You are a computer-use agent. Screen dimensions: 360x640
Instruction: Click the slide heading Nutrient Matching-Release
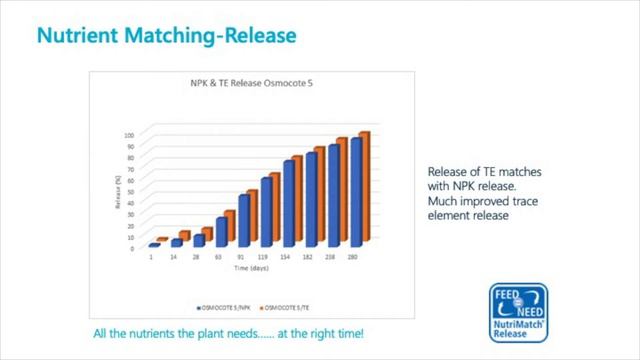(x=167, y=36)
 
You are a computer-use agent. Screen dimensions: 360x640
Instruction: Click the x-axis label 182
(x=310, y=258)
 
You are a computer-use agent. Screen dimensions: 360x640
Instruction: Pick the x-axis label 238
(x=333, y=258)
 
